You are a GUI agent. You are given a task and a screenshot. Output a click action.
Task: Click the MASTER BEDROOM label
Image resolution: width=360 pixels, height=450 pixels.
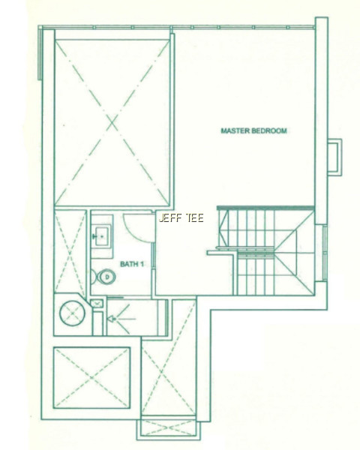pos(253,130)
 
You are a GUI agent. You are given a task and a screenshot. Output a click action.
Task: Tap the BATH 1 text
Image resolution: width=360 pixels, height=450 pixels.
pos(132,264)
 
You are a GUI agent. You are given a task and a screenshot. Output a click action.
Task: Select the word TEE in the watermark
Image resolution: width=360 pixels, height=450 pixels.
pos(195,218)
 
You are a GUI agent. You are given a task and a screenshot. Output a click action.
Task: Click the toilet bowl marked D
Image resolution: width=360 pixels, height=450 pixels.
pos(106,277)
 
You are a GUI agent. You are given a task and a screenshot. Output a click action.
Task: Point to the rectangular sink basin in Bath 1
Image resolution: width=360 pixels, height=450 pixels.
pos(102,236)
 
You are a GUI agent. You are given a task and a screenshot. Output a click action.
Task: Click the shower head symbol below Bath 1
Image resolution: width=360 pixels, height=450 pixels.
pos(112,319)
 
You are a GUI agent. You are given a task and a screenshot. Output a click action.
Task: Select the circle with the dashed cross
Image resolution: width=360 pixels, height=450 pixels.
pos(72,313)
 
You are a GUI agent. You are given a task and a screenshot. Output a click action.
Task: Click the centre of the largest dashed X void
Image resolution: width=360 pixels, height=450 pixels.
pos(112,123)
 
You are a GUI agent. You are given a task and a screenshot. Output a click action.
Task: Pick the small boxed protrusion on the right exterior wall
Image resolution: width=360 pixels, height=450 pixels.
pos(334,157)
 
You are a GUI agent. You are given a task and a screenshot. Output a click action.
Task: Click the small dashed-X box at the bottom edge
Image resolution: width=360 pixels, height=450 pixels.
pos(169,428)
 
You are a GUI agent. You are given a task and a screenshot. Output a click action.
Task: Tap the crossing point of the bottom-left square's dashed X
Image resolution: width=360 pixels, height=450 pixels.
pos(91,378)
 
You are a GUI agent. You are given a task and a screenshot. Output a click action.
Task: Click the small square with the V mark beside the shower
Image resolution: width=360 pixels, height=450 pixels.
pos(97,303)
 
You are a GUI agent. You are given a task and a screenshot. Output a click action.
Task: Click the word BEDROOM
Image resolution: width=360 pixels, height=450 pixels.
pos(269,130)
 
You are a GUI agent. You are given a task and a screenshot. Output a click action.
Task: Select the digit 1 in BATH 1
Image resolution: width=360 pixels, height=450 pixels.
pos(142,264)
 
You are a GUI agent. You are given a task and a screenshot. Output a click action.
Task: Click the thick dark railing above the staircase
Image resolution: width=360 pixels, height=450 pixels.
pos(265,208)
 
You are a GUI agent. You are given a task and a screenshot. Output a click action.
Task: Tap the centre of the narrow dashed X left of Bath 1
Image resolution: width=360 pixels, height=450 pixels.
pos(70,252)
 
